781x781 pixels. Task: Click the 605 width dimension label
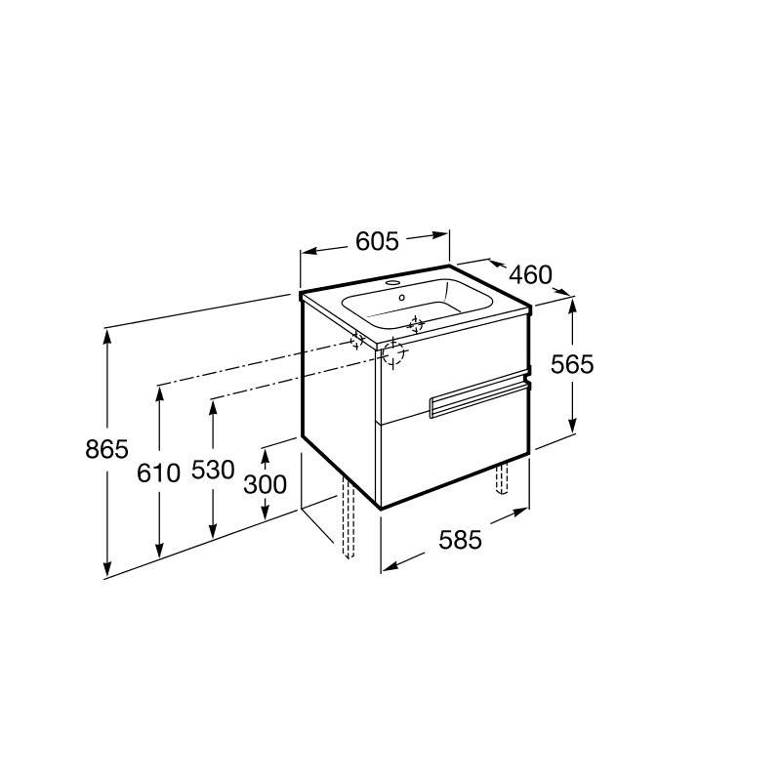(x=377, y=241)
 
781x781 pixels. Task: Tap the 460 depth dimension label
(x=530, y=275)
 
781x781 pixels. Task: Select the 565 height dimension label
(x=572, y=364)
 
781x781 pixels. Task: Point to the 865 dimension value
(x=106, y=449)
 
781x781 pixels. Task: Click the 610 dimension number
(x=158, y=473)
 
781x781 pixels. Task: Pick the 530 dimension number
(x=213, y=470)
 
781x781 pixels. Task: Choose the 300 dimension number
(x=265, y=484)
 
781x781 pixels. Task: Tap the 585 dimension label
(x=460, y=540)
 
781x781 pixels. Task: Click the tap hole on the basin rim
(x=393, y=283)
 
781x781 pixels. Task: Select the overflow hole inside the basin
(x=402, y=298)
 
